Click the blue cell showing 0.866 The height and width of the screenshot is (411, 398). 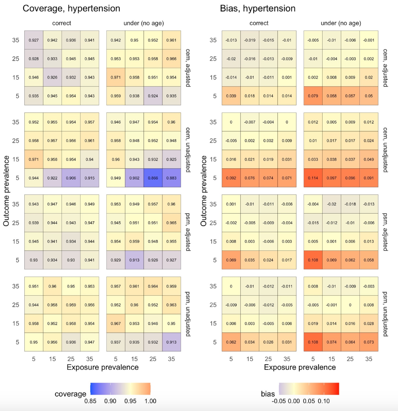(x=153, y=178)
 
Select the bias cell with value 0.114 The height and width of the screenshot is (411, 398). (x=313, y=178)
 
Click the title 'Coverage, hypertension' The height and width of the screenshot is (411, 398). (x=71, y=8)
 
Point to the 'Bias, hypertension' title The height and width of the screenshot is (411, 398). (x=258, y=8)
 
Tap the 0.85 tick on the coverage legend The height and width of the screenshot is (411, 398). (x=90, y=401)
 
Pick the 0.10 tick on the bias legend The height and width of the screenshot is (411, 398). (x=324, y=401)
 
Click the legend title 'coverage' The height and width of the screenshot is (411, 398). (x=70, y=394)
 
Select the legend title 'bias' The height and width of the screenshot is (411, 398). (x=268, y=394)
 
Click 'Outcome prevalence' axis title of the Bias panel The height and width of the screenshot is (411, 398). (x=204, y=191)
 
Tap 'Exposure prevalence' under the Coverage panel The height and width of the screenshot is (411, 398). (x=103, y=367)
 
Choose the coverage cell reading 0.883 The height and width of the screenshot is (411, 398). (x=171, y=178)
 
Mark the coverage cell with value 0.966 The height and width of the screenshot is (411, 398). (x=171, y=59)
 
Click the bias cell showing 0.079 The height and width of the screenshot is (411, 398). (x=313, y=96)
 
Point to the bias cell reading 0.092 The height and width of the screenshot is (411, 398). (x=231, y=178)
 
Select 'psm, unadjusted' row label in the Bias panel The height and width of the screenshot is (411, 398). (x=385, y=314)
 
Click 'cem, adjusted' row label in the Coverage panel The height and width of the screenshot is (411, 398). (x=188, y=68)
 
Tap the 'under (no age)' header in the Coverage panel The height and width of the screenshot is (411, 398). (x=144, y=23)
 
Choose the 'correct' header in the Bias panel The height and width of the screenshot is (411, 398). (x=259, y=23)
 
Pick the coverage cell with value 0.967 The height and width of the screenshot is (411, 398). (x=116, y=323)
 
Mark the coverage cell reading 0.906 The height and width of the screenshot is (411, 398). (x=71, y=178)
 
